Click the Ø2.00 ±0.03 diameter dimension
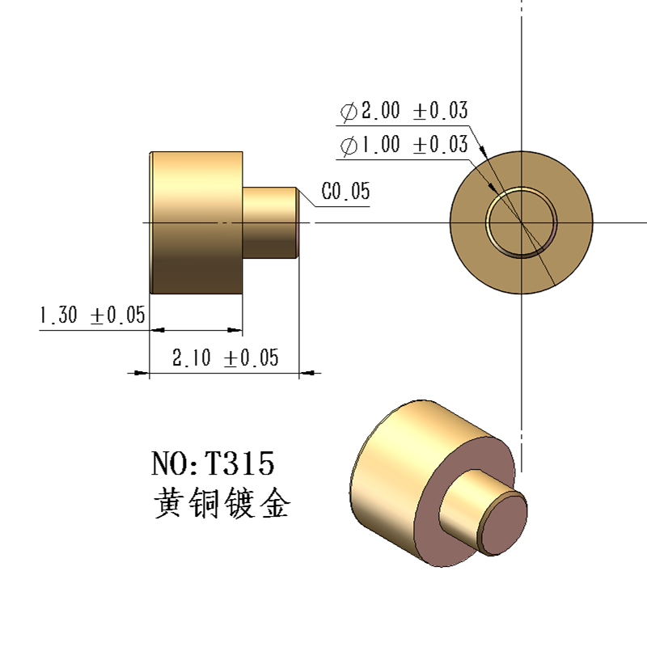(x=404, y=111)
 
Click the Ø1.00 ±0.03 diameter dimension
(x=404, y=146)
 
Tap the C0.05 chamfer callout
(x=345, y=192)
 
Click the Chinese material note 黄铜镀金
(x=221, y=504)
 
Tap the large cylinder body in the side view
(x=197, y=222)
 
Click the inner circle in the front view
(x=522, y=222)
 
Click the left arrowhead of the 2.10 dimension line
(x=142, y=373)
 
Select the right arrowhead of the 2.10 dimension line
(x=308, y=373)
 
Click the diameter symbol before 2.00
(x=349, y=112)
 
